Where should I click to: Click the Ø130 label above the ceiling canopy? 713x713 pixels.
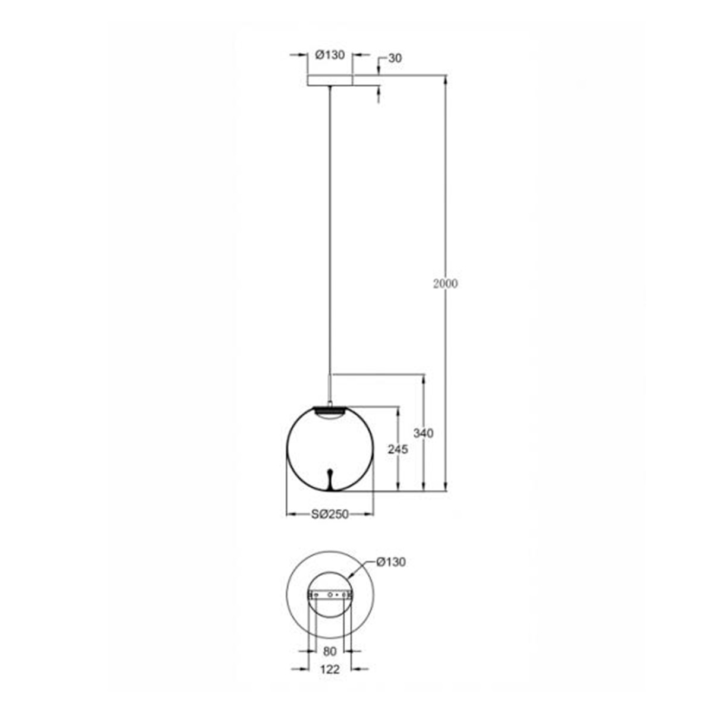click(x=330, y=55)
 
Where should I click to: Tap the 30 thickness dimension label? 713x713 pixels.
click(x=395, y=58)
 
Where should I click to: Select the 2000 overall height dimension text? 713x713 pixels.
click(x=446, y=283)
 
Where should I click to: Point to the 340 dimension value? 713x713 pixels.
click(x=424, y=433)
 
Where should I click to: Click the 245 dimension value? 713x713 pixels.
click(x=398, y=450)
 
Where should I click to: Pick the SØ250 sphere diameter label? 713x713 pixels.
click(x=330, y=514)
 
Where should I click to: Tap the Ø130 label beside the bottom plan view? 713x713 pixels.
click(x=391, y=562)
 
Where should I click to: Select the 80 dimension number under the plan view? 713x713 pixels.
click(x=330, y=652)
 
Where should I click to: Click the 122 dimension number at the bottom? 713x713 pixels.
click(x=330, y=670)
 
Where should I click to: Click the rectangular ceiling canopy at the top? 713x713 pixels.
click(x=330, y=81)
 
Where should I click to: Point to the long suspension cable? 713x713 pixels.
click(x=330, y=238)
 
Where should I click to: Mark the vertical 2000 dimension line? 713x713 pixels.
click(x=446, y=178)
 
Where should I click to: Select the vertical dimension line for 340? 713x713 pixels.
click(x=424, y=404)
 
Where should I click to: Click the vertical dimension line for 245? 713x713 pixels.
click(x=398, y=475)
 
